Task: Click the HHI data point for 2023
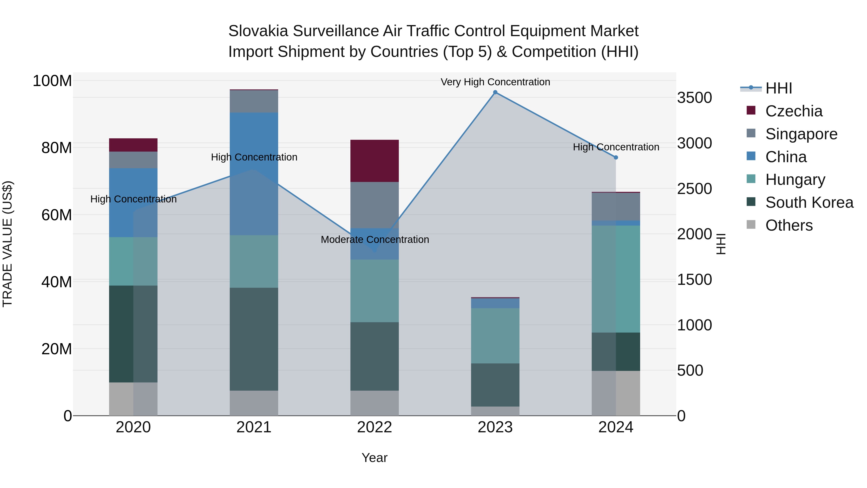pos(495,92)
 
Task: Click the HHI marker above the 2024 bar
pos(616,157)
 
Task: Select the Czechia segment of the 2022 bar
pos(374,161)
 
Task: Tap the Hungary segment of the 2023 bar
pos(495,335)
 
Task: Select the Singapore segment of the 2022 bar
pos(374,205)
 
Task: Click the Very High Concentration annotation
pos(495,82)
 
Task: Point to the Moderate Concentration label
pos(374,240)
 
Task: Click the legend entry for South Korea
pos(809,202)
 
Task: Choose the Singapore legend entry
pos(801,134)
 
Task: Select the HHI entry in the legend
pos(778,88)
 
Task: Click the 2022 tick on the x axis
pos(374,427)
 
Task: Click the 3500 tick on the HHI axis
pos(694,98)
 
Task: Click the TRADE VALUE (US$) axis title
pos(7,244)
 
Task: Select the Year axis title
pos(374,458)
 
